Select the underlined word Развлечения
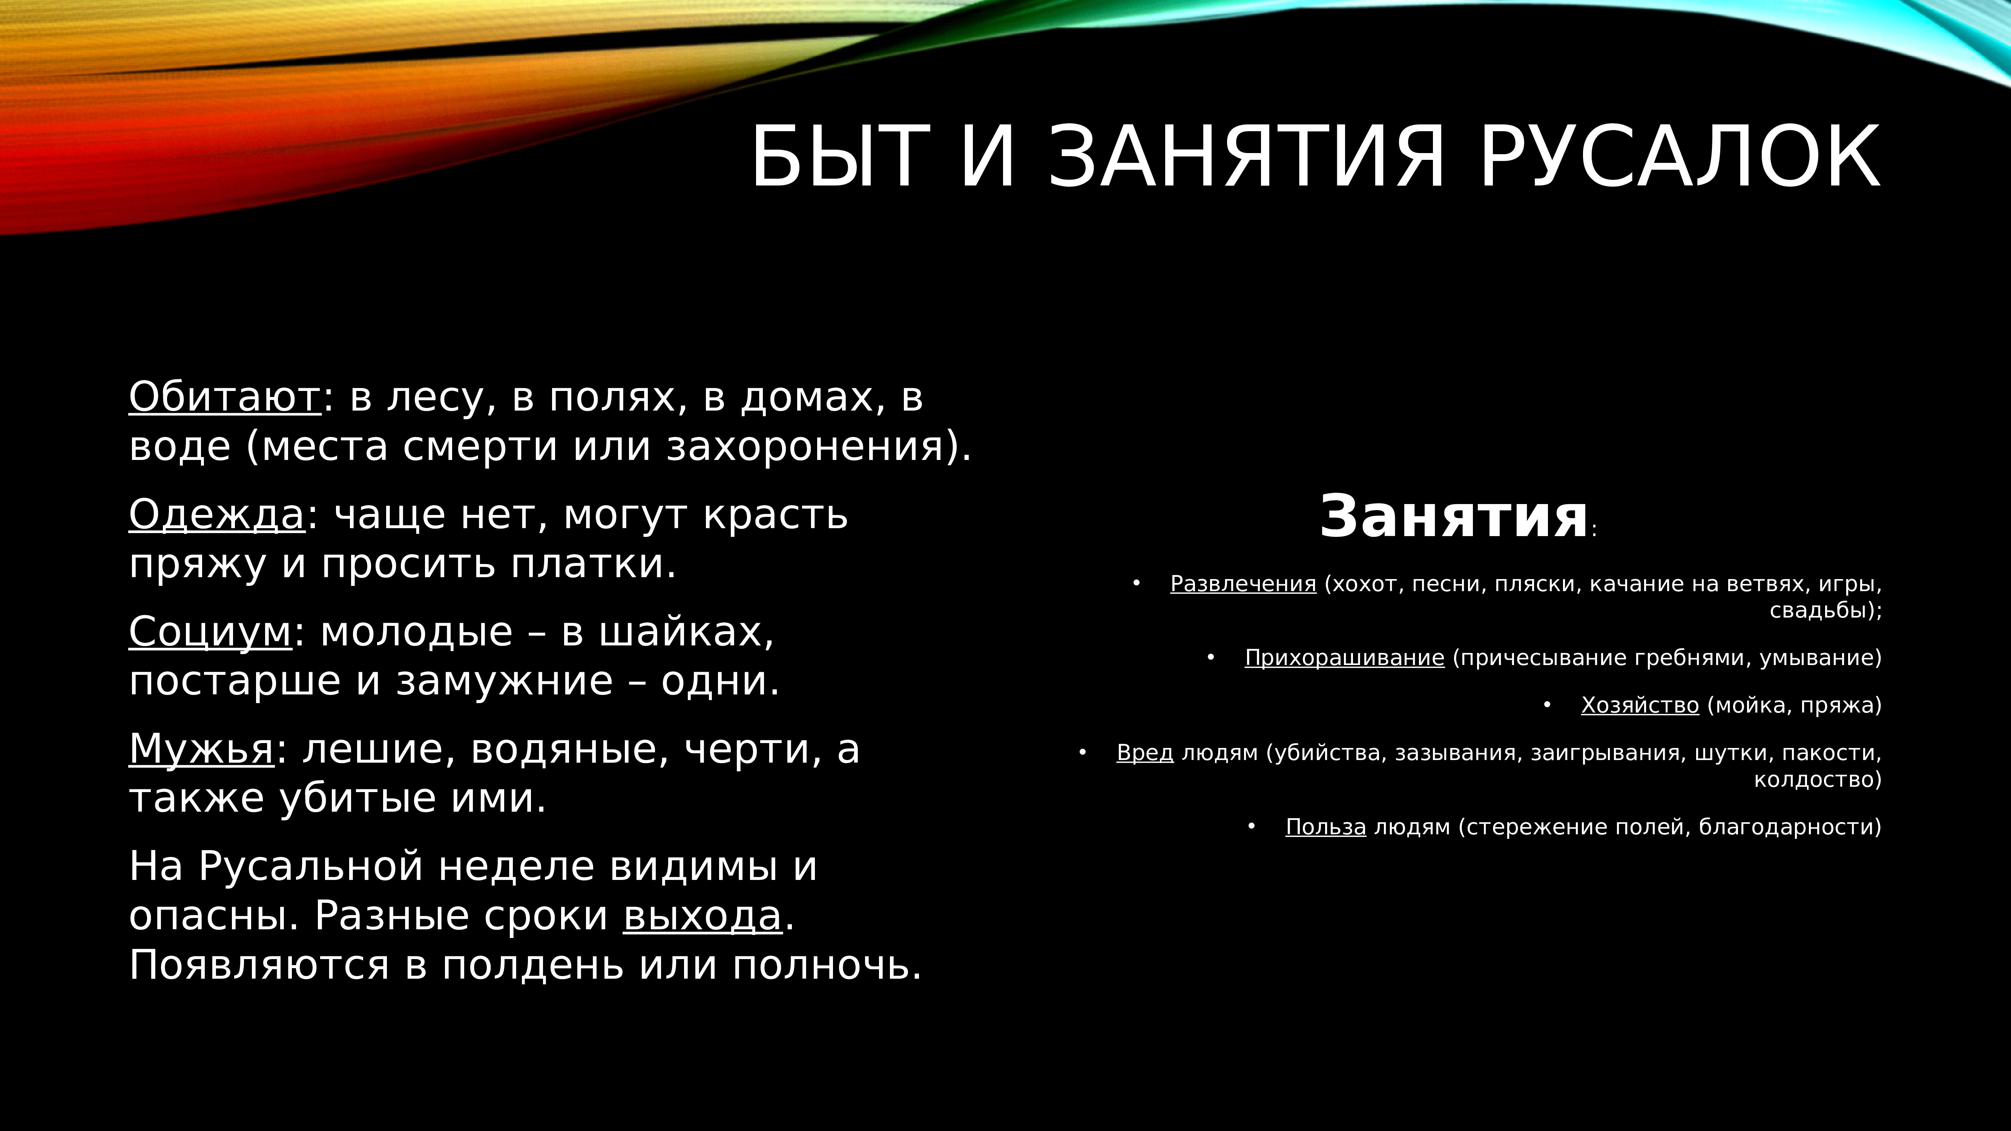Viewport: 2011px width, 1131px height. click(x=1243, y=584)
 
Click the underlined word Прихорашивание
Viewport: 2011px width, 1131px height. click(x=1344, y=658)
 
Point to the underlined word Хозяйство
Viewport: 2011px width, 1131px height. click(x=1640, y=706)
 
